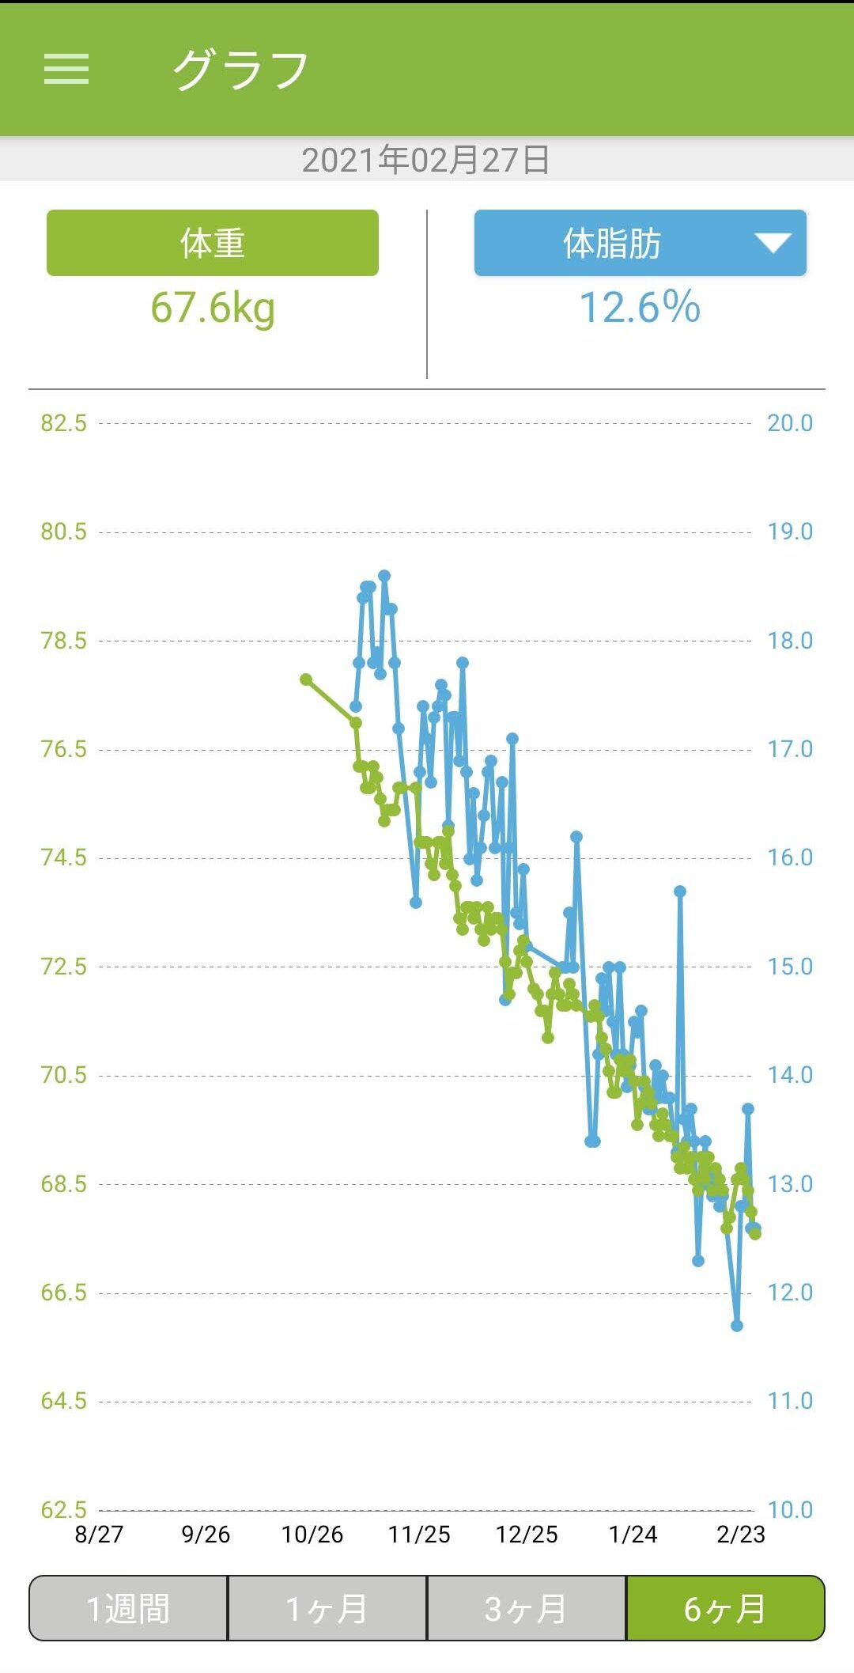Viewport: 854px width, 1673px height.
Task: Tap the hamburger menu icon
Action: pyautogui.click(x=66, y=69)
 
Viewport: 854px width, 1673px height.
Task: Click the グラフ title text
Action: pyautogui.click(x=240, y=70)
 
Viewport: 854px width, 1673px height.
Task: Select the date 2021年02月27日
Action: pyautogui.click(x=426, y=160)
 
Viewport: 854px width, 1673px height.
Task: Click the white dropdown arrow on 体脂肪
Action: pyautogui.click(x=772, y=243)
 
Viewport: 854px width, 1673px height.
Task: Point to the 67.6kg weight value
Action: pyautogui.click(x=213, y=308)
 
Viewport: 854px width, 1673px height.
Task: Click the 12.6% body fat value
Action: pyautogui.click(x=640, y=308)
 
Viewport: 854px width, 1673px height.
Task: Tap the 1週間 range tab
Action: pyautogui.click(x=128, y=1609)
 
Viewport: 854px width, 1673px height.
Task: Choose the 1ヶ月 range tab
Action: pyautogui.click(x=327, y=1609)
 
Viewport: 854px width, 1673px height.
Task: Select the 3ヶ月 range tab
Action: pyautogui.click(x=527, y=1609)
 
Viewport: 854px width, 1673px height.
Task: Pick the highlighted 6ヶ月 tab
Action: pyautogui.click(x=725, y=1609)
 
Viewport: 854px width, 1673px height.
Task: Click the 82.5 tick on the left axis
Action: pyautogui.click(x=64, y=423)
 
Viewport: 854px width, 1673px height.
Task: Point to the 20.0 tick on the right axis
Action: pyautogui.click(x=790, y=423)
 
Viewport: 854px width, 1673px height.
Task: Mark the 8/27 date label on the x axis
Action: pyautogui.click(x=99, y=1535)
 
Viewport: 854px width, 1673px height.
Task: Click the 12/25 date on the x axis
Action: pyautogui.click(x=527, y=1535)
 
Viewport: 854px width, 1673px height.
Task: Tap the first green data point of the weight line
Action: pyautogui.click(x=306, y=679)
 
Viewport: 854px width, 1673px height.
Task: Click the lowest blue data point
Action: pyautogui.click(x=737, y=1326)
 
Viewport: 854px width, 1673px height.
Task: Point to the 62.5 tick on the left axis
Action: pyautogui.click(x=64, y=1509)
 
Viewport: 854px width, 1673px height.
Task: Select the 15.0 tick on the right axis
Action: pyautogui.click(x=790, y=967)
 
